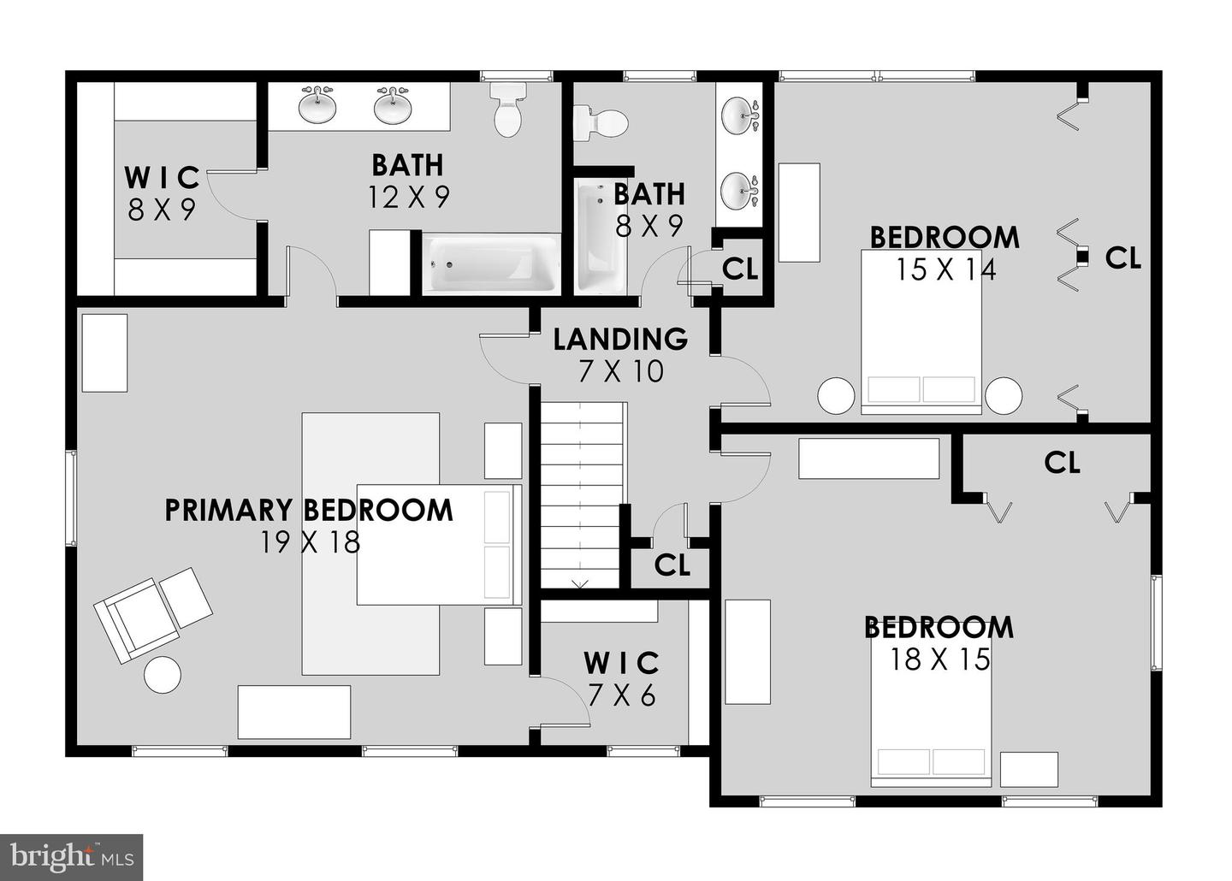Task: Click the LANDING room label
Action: [x=620, y=340]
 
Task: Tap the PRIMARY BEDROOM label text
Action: [x=309, y=511]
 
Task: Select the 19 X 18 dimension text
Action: [x=311, y=542]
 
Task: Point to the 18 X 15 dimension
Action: [x=940, y=659]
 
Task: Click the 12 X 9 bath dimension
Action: [x=409, y=197]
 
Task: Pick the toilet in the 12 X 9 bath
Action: [x=507, y=109]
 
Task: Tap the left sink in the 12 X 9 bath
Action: [x=317, y=104]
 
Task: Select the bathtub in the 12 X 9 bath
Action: [x=489, y=264]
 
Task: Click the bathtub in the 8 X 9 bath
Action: [x=600, y=238]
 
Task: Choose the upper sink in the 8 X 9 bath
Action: [x=740, y=115]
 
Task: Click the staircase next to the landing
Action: [x=583, y=495]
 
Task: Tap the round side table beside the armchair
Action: [x=163, y=674]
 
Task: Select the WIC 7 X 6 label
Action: [x=622, y=680]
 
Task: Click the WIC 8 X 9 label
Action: [x=163, y=193]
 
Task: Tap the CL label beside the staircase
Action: [x=672, y=565]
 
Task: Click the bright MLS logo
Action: [x=72, y=857]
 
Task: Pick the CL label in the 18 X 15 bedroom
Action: [x=1062, y=463]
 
